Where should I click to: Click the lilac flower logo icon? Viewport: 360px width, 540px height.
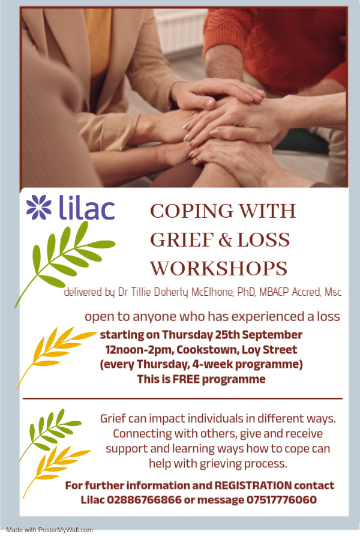coord(38,207)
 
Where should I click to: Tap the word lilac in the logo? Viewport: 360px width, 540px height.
coord(86,207)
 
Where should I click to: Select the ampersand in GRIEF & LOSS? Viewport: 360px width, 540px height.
coord(225,240)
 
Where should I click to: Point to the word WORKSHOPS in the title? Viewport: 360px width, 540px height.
coord(219,269)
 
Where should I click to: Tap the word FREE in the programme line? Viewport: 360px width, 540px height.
coord(186,379)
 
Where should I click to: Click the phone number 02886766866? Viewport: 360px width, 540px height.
coord(144,500)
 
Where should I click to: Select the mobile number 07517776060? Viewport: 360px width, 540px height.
coord(281,500)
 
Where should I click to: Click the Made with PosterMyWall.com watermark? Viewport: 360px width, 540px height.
coord(49,530)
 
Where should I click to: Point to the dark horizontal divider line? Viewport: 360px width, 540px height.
coord(182,399)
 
